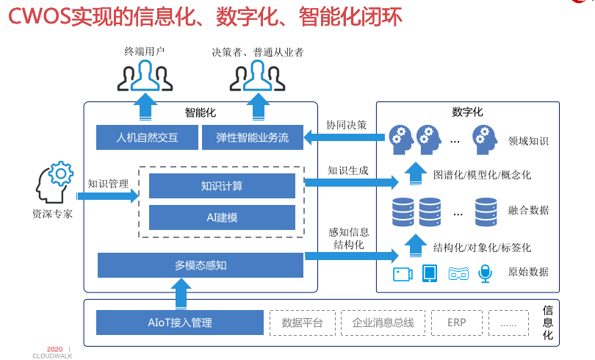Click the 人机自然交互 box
pyautogui.click(x=148, y=137)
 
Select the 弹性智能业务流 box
pyautogui.click(x=252, y=137)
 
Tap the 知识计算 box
pyautogui.click(x=222, y=186)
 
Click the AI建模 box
pyautogui.click(x=222, y=217)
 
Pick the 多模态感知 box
pyautogui.click(x=200, y=265)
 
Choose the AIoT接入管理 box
pyautogui.click(x=179, y=323)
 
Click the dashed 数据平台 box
pyautogui.click(x=302, y=323)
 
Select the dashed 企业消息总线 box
pyautogui.click(x=383, y=323)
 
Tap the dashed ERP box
pyautogui.click(x=455, y=323)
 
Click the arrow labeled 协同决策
pyautogui.click(x=345, y=137)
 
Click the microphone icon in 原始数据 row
pyautogui.click(x=484, y=274)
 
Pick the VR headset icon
pyautogui.click(x=458, y=274)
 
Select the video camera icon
pyautogui.click(x=402, y=274)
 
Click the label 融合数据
pyautogui.click(x=528, y=210)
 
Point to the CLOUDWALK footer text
pyautogui.click(x=52, y=356)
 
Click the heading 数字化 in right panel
pyautogui.click(x=467, y=112)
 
